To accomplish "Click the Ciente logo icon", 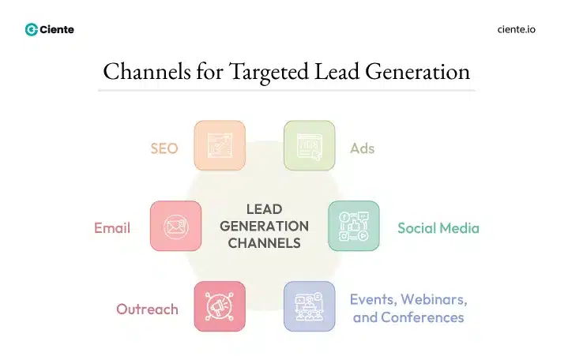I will [x=32, y=29].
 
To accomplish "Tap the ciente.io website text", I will [x=517, y=29].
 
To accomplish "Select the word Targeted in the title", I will [x=271, y=72].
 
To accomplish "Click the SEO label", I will [x=164, y=148].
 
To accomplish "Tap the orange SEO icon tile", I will [x=220, y=146].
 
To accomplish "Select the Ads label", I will [x=362, y=148].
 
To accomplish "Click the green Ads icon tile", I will [x=309, y=146].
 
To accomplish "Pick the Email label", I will [x=112, y=228].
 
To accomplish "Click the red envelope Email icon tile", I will [x=175, y=227].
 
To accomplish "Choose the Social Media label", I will [x=438, y=228].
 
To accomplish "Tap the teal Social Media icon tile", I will [x=353, y=227].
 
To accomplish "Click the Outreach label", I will [x=148, y=309].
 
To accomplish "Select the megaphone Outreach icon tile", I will [x=220, y=306].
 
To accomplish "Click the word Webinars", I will [x=434, y=300].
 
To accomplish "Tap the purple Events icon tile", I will [x=309, y=306].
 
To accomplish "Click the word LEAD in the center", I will [x=264, y=209].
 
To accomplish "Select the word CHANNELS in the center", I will [x=264, y=243].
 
